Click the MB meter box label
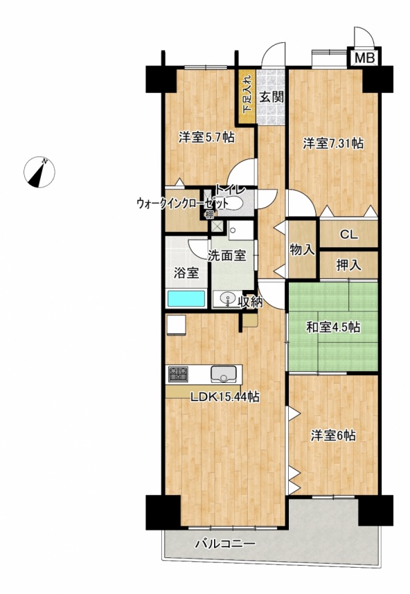[x=365, y=58]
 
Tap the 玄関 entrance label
[x=271, y=98]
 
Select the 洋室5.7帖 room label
[x=206, y=138]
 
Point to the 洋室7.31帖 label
[x=333, y=143]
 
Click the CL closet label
[x=348, y=235]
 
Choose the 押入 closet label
[x=348, y=265]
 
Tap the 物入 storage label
[x=302, y=250]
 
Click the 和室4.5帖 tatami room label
[x=333, y=327]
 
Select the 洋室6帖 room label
[x=333, y=436]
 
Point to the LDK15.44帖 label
[x=224, y=397]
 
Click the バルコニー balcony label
[x=225, y=544]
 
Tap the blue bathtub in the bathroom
[x=186, y=298]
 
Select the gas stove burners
[x=178, y=374]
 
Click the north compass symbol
[x=39, y=172]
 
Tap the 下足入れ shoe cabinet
[x=247, y=96]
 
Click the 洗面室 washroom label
[x=227, y=255]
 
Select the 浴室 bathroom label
[x=186, y=273]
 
